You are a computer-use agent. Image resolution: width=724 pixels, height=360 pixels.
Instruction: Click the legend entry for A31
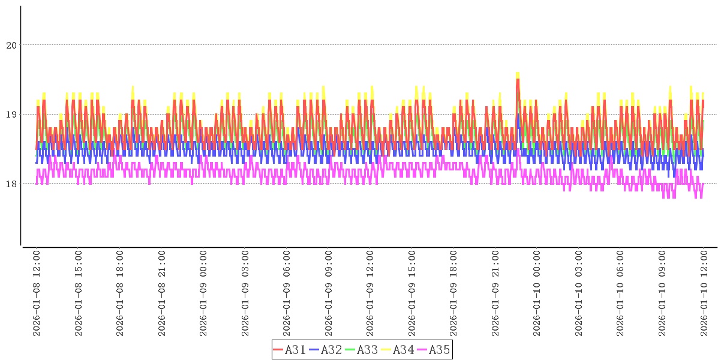coord(289,350)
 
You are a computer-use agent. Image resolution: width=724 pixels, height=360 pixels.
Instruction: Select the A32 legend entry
coord(325,350)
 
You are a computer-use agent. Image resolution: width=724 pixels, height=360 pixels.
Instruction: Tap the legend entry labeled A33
coord(361,350)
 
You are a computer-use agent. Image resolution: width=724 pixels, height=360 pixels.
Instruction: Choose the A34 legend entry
coord(397,350)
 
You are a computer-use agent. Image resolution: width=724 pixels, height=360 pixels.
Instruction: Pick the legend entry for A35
coord(433,350)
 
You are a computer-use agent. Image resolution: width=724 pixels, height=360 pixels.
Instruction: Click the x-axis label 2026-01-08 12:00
coord(37,293)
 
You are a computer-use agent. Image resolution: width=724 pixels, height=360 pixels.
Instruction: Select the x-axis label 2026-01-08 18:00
coord(120,293)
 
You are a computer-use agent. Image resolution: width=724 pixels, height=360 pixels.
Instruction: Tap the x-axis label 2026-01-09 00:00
coord(203,293)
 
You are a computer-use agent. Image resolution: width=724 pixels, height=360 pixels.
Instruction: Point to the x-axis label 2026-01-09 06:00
coord(287,293)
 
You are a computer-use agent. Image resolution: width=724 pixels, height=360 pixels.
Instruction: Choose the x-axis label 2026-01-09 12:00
coord(370,293)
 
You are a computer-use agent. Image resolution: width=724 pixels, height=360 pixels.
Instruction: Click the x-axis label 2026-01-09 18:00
coord(453,293)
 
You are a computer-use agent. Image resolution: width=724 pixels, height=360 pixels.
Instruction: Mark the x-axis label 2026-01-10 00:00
coord(537,293)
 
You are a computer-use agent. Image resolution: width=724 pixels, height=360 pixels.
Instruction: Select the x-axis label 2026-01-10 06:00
coord(620,293)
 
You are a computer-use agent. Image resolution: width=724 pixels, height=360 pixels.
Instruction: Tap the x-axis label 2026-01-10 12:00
coord(704,293)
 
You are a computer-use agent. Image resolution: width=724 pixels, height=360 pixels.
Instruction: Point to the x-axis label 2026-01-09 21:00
coord(495,293)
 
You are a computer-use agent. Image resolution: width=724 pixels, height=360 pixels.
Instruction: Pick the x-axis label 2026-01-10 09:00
coord(662,293)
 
